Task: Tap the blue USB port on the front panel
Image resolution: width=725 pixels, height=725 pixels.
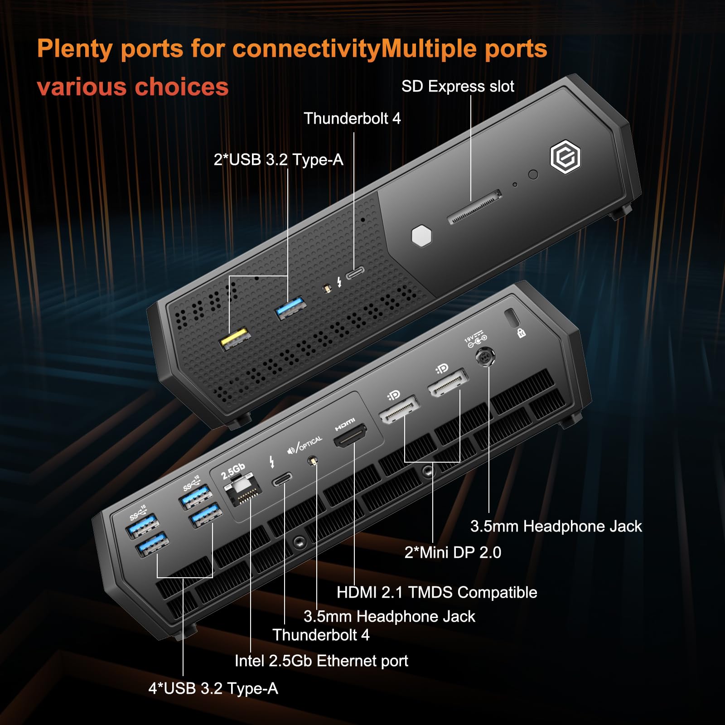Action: click(x=291, y=308)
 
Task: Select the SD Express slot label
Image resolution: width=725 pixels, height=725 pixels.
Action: click(x=458, y=86)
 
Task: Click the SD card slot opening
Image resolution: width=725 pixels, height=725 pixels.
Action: click(x=475, y=207)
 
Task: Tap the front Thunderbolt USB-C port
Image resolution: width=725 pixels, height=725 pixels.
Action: click(x=355, y=273)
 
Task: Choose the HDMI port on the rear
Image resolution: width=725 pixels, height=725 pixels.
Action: click(x=350, y=435)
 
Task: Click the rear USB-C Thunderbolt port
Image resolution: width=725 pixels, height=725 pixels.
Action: click(x=282, y=479)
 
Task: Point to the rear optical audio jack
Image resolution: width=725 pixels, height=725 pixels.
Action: click(x=312, y=461)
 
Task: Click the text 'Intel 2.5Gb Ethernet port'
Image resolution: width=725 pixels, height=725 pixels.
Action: click(x=321, y=661)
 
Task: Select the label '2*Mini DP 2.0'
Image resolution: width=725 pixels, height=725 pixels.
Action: click(x=453, y=552)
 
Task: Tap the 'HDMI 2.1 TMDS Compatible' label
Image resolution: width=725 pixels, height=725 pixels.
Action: click(x=437, y=592)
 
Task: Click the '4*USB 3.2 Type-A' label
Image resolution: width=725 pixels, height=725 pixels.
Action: click(x=213, y=688)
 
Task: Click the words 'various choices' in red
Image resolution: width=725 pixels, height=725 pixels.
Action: click(x=133, y=87)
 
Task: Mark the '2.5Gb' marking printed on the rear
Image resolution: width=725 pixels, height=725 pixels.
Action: click(x=233, y=471)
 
